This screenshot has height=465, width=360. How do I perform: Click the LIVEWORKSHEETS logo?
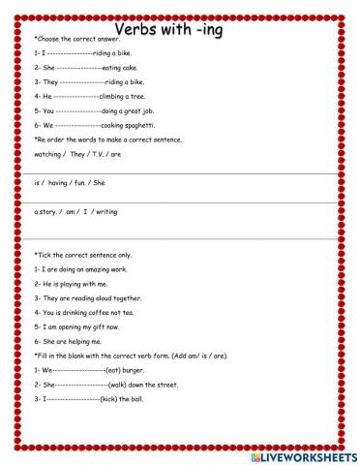(299, 455)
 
